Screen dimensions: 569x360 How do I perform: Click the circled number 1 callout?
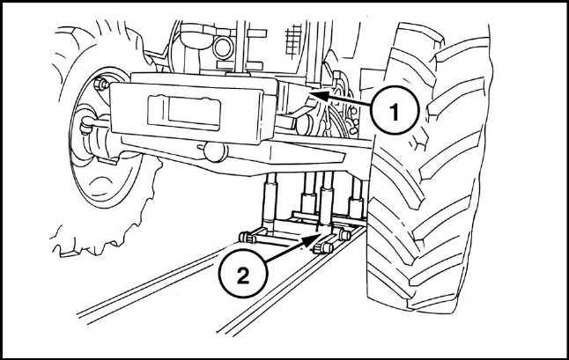pyautogui.click(x=395, y=110)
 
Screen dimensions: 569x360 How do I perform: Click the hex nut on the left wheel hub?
pyautogui.click(x=101, y=84)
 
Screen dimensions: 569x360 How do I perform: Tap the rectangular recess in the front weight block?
pyautogui.click(x=185, y=112)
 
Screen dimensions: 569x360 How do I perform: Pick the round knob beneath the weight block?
pyautogui.click(x=216, y=152)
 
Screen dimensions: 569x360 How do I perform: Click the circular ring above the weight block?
pyautogui.click(x=223, y=48)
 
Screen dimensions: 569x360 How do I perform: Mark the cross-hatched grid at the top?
pyautogui.click(x=293, y=40)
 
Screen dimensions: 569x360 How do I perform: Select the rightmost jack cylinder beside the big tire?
pyautogui.click(x=357, y=199)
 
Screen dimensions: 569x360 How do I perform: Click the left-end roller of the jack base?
pyautogui.click(x=248, y=237)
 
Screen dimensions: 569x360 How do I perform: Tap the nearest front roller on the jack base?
pyautogui.click(x=323, y=247)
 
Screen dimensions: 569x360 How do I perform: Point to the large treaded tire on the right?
pyautogui.click(x=428, y=166)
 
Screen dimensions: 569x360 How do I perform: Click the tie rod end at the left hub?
pyautogui.click(x=86, y=124)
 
